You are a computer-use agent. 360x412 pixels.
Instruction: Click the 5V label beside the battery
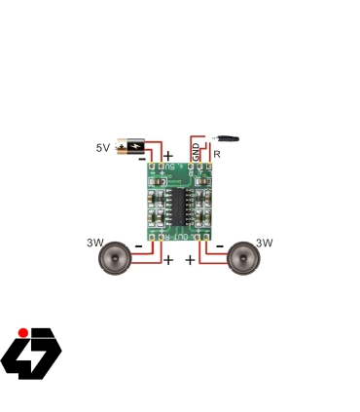pos(102,148)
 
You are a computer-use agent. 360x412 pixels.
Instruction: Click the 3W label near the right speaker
pos(264,243)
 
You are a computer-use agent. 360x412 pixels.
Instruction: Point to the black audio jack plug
pos(230,139)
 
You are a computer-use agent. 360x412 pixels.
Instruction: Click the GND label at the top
pos(196,152)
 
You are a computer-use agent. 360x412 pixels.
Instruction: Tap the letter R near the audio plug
pos(216,154)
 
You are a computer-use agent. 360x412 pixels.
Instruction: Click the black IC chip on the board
pos(180,202)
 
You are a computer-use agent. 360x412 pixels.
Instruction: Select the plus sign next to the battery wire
pos(167,156)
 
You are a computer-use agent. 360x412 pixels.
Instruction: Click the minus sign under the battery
pos(142,158)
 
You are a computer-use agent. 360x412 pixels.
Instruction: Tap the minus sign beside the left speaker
pos(139,247)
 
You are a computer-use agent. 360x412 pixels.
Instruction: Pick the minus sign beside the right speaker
pos(220,245)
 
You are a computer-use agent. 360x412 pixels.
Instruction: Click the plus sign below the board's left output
pos(167,260)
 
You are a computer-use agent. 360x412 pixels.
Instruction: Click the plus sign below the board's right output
pos(190,260)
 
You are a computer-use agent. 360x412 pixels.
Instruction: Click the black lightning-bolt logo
pos(31,356)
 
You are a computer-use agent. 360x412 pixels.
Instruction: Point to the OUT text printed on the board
pos(180,235)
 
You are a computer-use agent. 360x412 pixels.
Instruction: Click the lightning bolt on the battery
pos(132,146)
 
